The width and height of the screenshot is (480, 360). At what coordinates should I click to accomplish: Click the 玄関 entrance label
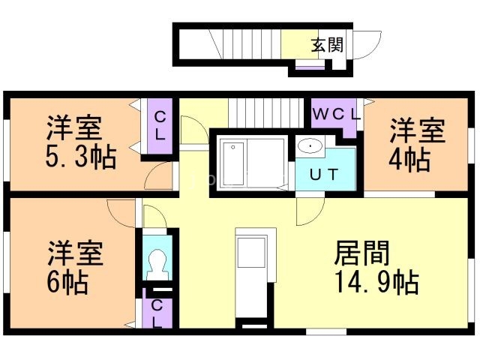pos(327,45)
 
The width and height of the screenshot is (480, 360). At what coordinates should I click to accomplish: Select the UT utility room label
pos(325,175)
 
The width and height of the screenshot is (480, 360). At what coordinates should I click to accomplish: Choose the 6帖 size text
pos(68,282)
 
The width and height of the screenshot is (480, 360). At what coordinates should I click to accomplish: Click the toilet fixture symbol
pos(158,263)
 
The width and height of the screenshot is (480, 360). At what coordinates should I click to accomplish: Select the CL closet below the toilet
pos(157,314)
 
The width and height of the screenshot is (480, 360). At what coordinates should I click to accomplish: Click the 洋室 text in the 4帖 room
pos(417,130)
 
